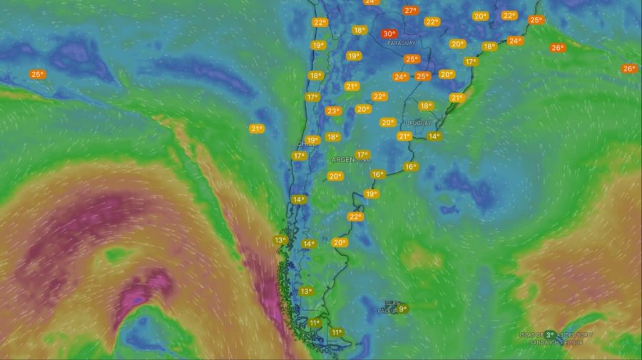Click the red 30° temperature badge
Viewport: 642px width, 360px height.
tap(389, 34)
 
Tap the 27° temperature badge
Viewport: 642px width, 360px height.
tap(410, 11)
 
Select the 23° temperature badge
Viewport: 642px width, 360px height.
tap(333, 110)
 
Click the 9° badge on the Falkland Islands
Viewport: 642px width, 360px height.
tap(402, 309)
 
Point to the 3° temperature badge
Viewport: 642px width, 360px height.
tap(550, 334)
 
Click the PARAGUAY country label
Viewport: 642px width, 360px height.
tap(401, 43)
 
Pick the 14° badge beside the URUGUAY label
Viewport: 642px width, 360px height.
tap(434, 136)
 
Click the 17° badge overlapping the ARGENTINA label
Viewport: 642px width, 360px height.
tap(362, 155)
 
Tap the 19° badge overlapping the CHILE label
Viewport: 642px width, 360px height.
tap(312, 140)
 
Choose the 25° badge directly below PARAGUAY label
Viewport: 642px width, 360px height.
tap(412, 59)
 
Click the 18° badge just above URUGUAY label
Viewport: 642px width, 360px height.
tap(426, 106)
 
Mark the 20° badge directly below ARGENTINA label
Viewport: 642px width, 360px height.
tap(335, 176)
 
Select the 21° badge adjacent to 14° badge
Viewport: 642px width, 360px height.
tap(404, 136)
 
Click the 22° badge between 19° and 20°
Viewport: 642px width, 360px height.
tap(355, 216)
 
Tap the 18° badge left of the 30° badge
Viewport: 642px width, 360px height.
tap(360, 30)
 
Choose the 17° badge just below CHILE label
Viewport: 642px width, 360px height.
tap(299, 155)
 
